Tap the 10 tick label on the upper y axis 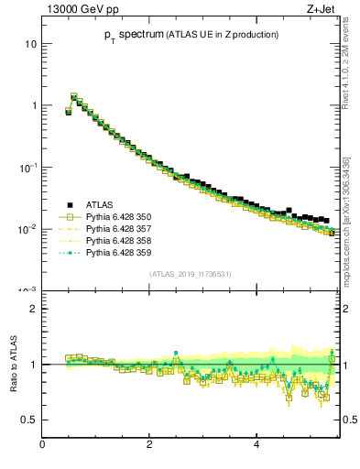[x=30, y=44]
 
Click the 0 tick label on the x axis [x=42, y=445]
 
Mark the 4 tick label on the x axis [x=256, y=445]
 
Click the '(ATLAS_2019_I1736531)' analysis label [x=190, y=274]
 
